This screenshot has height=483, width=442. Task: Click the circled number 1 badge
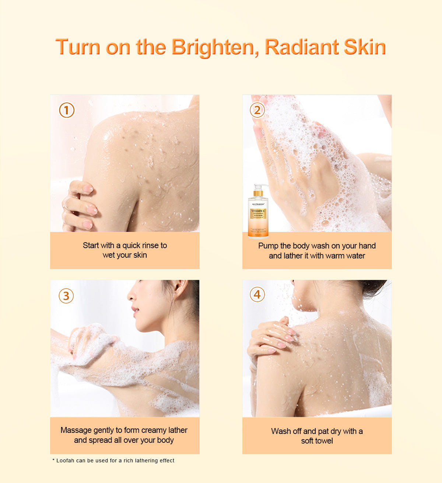point(67,110)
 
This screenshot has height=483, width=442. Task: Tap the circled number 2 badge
point(257,110)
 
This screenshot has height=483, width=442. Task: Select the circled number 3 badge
point(66,296)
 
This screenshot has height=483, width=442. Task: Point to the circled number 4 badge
point(257,294)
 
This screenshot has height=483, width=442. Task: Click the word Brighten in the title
point(213,47)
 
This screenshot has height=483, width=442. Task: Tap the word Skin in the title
point(365,47)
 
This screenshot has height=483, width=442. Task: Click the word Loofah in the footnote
point(65,461)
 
